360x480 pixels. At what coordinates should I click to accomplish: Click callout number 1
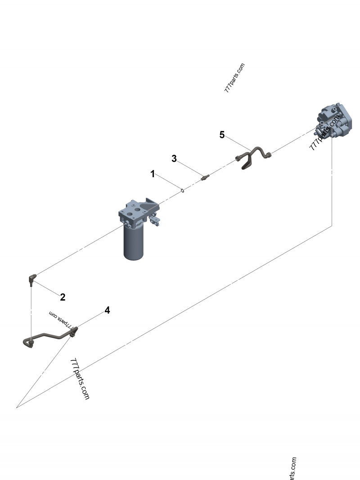coord(153,174)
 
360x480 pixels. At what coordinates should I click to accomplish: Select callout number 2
coord(63,297)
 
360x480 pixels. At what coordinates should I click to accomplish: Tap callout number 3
coord(174,158)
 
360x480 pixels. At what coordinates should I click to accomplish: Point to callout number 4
coord(107,310)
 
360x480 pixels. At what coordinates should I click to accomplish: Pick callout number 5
coord(222,135)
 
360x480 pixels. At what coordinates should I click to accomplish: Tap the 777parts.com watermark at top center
coord(234,78)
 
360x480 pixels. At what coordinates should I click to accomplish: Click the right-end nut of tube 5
coord(269,156)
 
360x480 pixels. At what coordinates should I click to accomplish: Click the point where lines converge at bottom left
coord(17,408)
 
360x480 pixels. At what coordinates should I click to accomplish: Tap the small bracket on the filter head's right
coord(156,220)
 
